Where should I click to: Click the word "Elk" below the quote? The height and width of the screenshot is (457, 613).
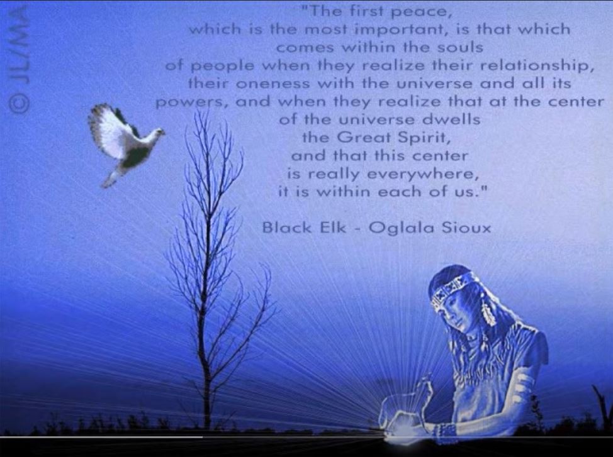coord(333,227)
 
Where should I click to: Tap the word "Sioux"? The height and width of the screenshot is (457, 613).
coord(466,228)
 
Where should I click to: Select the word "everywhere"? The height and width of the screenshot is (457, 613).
coord(423,174)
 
